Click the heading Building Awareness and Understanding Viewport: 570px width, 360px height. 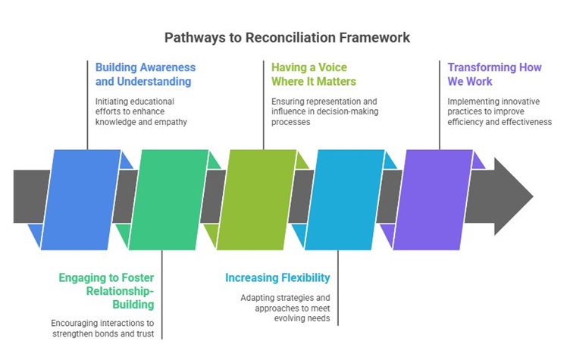pyautogui.click(x=146, y=74)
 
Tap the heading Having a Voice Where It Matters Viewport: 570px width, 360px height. pyautogui.click(x=314, y=74)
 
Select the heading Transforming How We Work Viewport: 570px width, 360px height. pyautogui.click(x=494, y=74)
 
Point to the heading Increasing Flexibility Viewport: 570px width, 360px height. pyautogui.click(x=277, y=278)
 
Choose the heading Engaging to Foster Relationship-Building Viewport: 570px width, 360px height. pyautogui.click(x=107, y=291)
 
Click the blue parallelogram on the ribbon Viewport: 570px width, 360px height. pyautogui.click(x=80, y=199)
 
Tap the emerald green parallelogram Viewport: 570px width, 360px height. pyautogui.click(x=169, y=199)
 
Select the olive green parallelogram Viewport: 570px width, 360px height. pyautogui.click(x=257, y=199)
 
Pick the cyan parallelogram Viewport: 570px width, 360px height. pyautogui.click(x=345, y=199)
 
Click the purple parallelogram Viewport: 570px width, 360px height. pyautogui.click(x=433, y=199)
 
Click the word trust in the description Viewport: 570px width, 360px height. pyautogui.click(x=146, y=333)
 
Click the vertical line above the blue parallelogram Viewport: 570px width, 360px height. pyautogui.click(x=88, y=105)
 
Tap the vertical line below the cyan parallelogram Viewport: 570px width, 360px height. pyautogui.click(x=338, y=288)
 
